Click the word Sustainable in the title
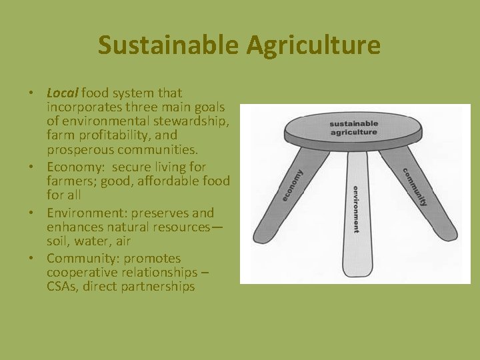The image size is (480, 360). pos(165,45)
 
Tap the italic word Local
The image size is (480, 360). pos(62,93)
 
